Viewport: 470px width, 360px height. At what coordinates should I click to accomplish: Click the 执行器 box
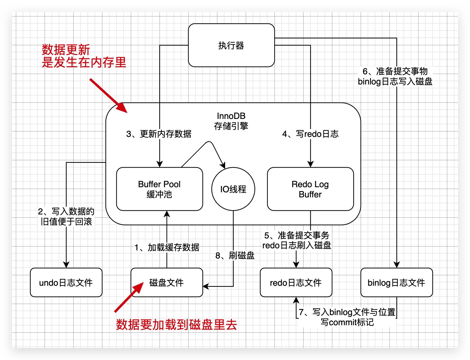pyautogui.click(x=231, y=45)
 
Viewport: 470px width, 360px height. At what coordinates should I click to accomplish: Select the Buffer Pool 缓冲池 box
pyautogui.click(x=159, y=189)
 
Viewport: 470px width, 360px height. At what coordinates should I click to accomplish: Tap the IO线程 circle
pyautogui.click(x=233, y=189)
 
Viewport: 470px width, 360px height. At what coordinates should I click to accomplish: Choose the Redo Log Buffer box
pyautogui.click(x=310, y=189)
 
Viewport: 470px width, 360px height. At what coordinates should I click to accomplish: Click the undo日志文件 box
pyautogui.click(x=66, y=282)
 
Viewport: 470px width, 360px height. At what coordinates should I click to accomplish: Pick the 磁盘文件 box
pyautogui.click(x=166, y=282)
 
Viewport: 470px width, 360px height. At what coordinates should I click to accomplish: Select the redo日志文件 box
pyautogui.click(x=296, y=282)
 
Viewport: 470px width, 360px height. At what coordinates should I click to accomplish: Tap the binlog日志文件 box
pyautogui.click(x=396, y=282)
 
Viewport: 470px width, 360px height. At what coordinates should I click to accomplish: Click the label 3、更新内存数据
pyautogui.click(x=159, y=134)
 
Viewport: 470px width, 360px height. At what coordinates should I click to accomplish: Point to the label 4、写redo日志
pyautogui.click(x=310, y=134)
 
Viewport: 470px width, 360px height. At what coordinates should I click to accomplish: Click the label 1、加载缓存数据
pyautogui.click(x=167, y=247)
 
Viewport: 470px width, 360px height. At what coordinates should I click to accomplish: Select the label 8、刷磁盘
pyautogui.click(x=235, y=255)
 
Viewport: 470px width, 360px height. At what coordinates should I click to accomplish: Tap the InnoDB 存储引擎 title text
pyautogui.click(x=231, y=121)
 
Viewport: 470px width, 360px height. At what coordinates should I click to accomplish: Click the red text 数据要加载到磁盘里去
pyautogui.click(x=177, y=325)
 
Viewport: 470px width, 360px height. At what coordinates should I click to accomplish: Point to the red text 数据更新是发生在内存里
pyautogui.click(x=84, y=56)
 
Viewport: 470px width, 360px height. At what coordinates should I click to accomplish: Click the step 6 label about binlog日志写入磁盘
pyautogui.click(x=395, y=76)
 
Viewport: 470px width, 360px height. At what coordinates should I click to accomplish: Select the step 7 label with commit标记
pyautogui.click(x=347, y=317)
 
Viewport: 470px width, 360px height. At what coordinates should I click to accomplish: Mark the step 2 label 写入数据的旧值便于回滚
pyautogui.click(x=66, y=217)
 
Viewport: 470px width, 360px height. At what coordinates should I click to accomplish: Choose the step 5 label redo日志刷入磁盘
pyautogui.click(x=297, y=240)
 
